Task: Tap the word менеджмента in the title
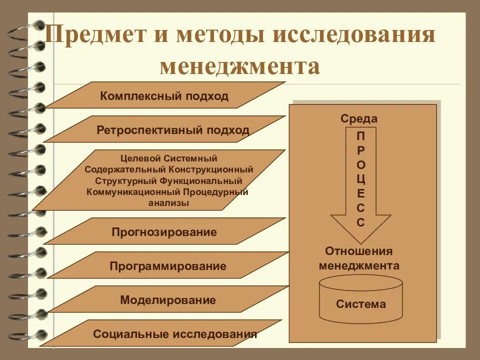click(x=240, y=66)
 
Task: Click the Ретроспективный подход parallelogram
click(x=172, y=130)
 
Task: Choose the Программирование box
click(x=168, y=266)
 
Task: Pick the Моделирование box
click(x=168, y=300)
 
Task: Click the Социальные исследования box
click(x=175, y=334)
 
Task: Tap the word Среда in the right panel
click(x=359, y=119)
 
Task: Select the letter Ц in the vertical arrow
click(x=361, y=179)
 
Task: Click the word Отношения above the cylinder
click(x=359, y=251)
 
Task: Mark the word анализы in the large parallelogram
click(x=168, y=203)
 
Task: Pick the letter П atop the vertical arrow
click(x=361, y=135)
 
